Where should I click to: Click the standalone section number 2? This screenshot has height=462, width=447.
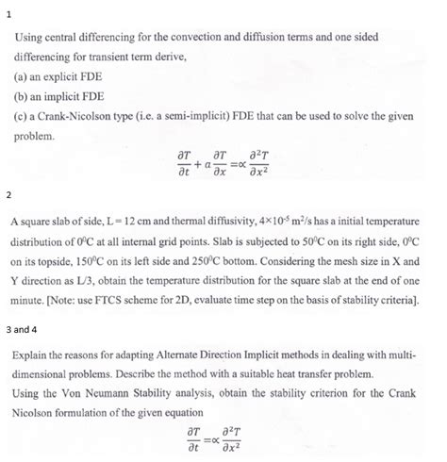[x=8, y=197]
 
